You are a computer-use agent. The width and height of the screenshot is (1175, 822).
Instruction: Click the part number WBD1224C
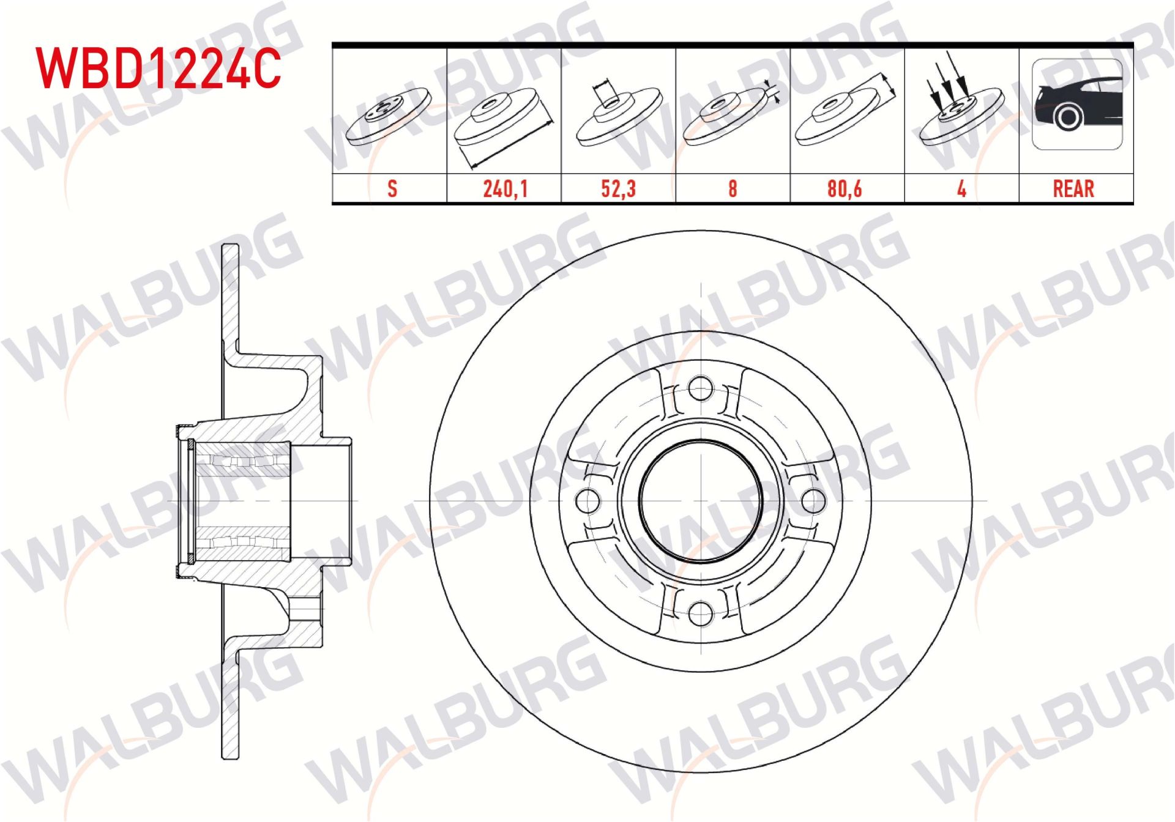[159, 68]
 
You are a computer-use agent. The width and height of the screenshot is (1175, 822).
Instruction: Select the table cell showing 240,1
[504, 188]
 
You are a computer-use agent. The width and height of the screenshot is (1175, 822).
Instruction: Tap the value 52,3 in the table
[618, 188]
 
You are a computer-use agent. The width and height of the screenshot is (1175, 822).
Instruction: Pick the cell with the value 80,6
[845, 188]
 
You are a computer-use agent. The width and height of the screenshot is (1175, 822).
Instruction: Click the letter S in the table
[392, 188]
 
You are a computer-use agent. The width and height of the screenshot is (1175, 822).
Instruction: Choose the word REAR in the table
[1073, 188]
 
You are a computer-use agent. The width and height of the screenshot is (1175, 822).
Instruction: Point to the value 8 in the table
[732, 188]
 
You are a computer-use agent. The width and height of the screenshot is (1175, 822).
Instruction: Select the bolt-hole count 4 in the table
[961, 188]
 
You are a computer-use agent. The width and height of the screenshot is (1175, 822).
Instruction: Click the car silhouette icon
[1077, 104]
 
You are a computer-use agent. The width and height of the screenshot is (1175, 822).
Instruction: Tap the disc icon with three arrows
[961, 110]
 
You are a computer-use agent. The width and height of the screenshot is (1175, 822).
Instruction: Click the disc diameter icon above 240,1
[503, 119]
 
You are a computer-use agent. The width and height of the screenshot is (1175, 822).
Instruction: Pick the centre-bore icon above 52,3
[618, 113]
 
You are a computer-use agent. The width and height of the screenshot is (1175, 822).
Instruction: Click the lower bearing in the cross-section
[242, 543]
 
